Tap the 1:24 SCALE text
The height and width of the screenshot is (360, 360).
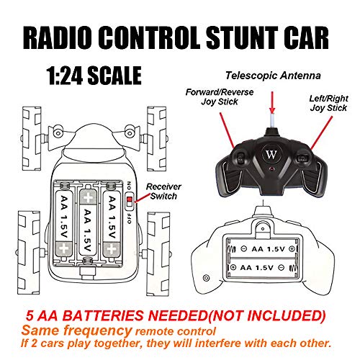94,76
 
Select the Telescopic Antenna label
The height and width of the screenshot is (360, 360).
273,76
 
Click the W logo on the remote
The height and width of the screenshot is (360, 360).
271,154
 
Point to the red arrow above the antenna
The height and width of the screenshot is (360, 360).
272,102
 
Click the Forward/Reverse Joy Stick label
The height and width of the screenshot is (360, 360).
220,96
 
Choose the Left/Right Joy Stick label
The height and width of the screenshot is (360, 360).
328,103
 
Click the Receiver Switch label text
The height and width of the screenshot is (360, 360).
164,192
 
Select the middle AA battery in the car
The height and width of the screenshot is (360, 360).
88,222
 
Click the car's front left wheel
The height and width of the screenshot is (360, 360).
32,139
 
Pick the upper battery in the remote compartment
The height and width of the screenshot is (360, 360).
262,249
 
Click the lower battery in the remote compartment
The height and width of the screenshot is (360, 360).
262,267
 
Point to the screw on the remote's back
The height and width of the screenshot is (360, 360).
206,278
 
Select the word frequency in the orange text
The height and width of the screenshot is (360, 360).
98,331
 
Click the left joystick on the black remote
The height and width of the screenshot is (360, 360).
240,158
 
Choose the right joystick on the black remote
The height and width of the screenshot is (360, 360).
302,158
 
